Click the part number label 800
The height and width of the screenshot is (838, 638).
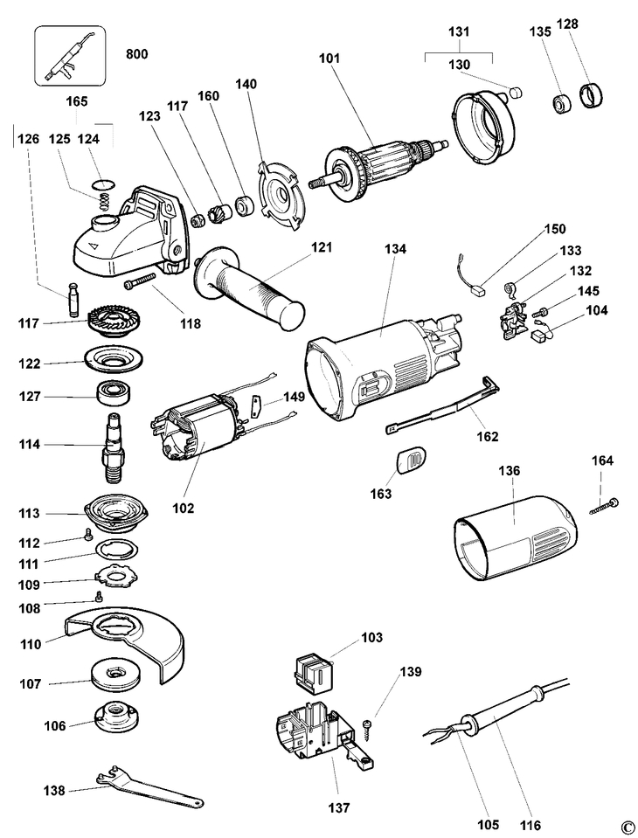pos(136,54)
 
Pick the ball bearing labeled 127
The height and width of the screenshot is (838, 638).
pos(114,391)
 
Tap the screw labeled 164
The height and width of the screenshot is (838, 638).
pos(603,506)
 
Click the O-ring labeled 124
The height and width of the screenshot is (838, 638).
pos(104,183)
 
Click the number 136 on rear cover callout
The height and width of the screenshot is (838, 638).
pos(509,470)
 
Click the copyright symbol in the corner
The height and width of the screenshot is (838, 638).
pos(625,825)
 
